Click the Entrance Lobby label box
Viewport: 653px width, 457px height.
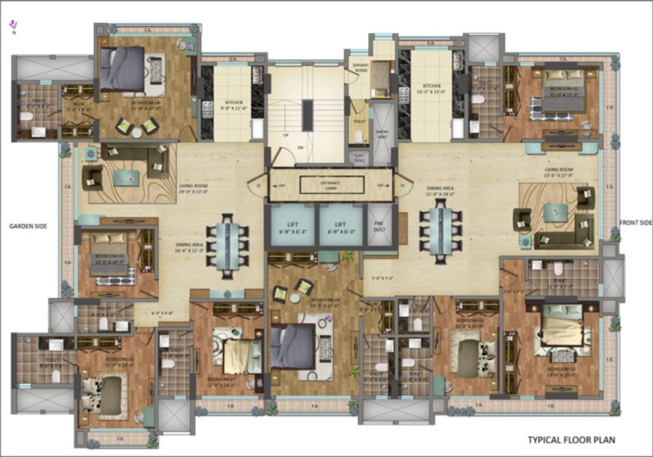pos(332,186)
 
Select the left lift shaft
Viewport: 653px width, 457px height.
pos(292,225)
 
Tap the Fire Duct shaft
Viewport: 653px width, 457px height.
pos(378,225)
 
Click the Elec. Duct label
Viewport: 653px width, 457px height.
pos(359,156)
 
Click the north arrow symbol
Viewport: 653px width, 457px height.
pos(14,25)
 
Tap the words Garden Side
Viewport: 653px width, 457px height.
pos(28,226)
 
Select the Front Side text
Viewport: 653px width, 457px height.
pos(635,223)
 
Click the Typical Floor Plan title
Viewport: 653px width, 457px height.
pos(571,440)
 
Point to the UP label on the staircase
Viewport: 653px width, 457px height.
pos(286,135)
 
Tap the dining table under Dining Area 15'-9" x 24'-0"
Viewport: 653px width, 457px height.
pos(441,230)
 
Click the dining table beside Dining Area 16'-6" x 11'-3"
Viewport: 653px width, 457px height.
pos(228,245)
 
